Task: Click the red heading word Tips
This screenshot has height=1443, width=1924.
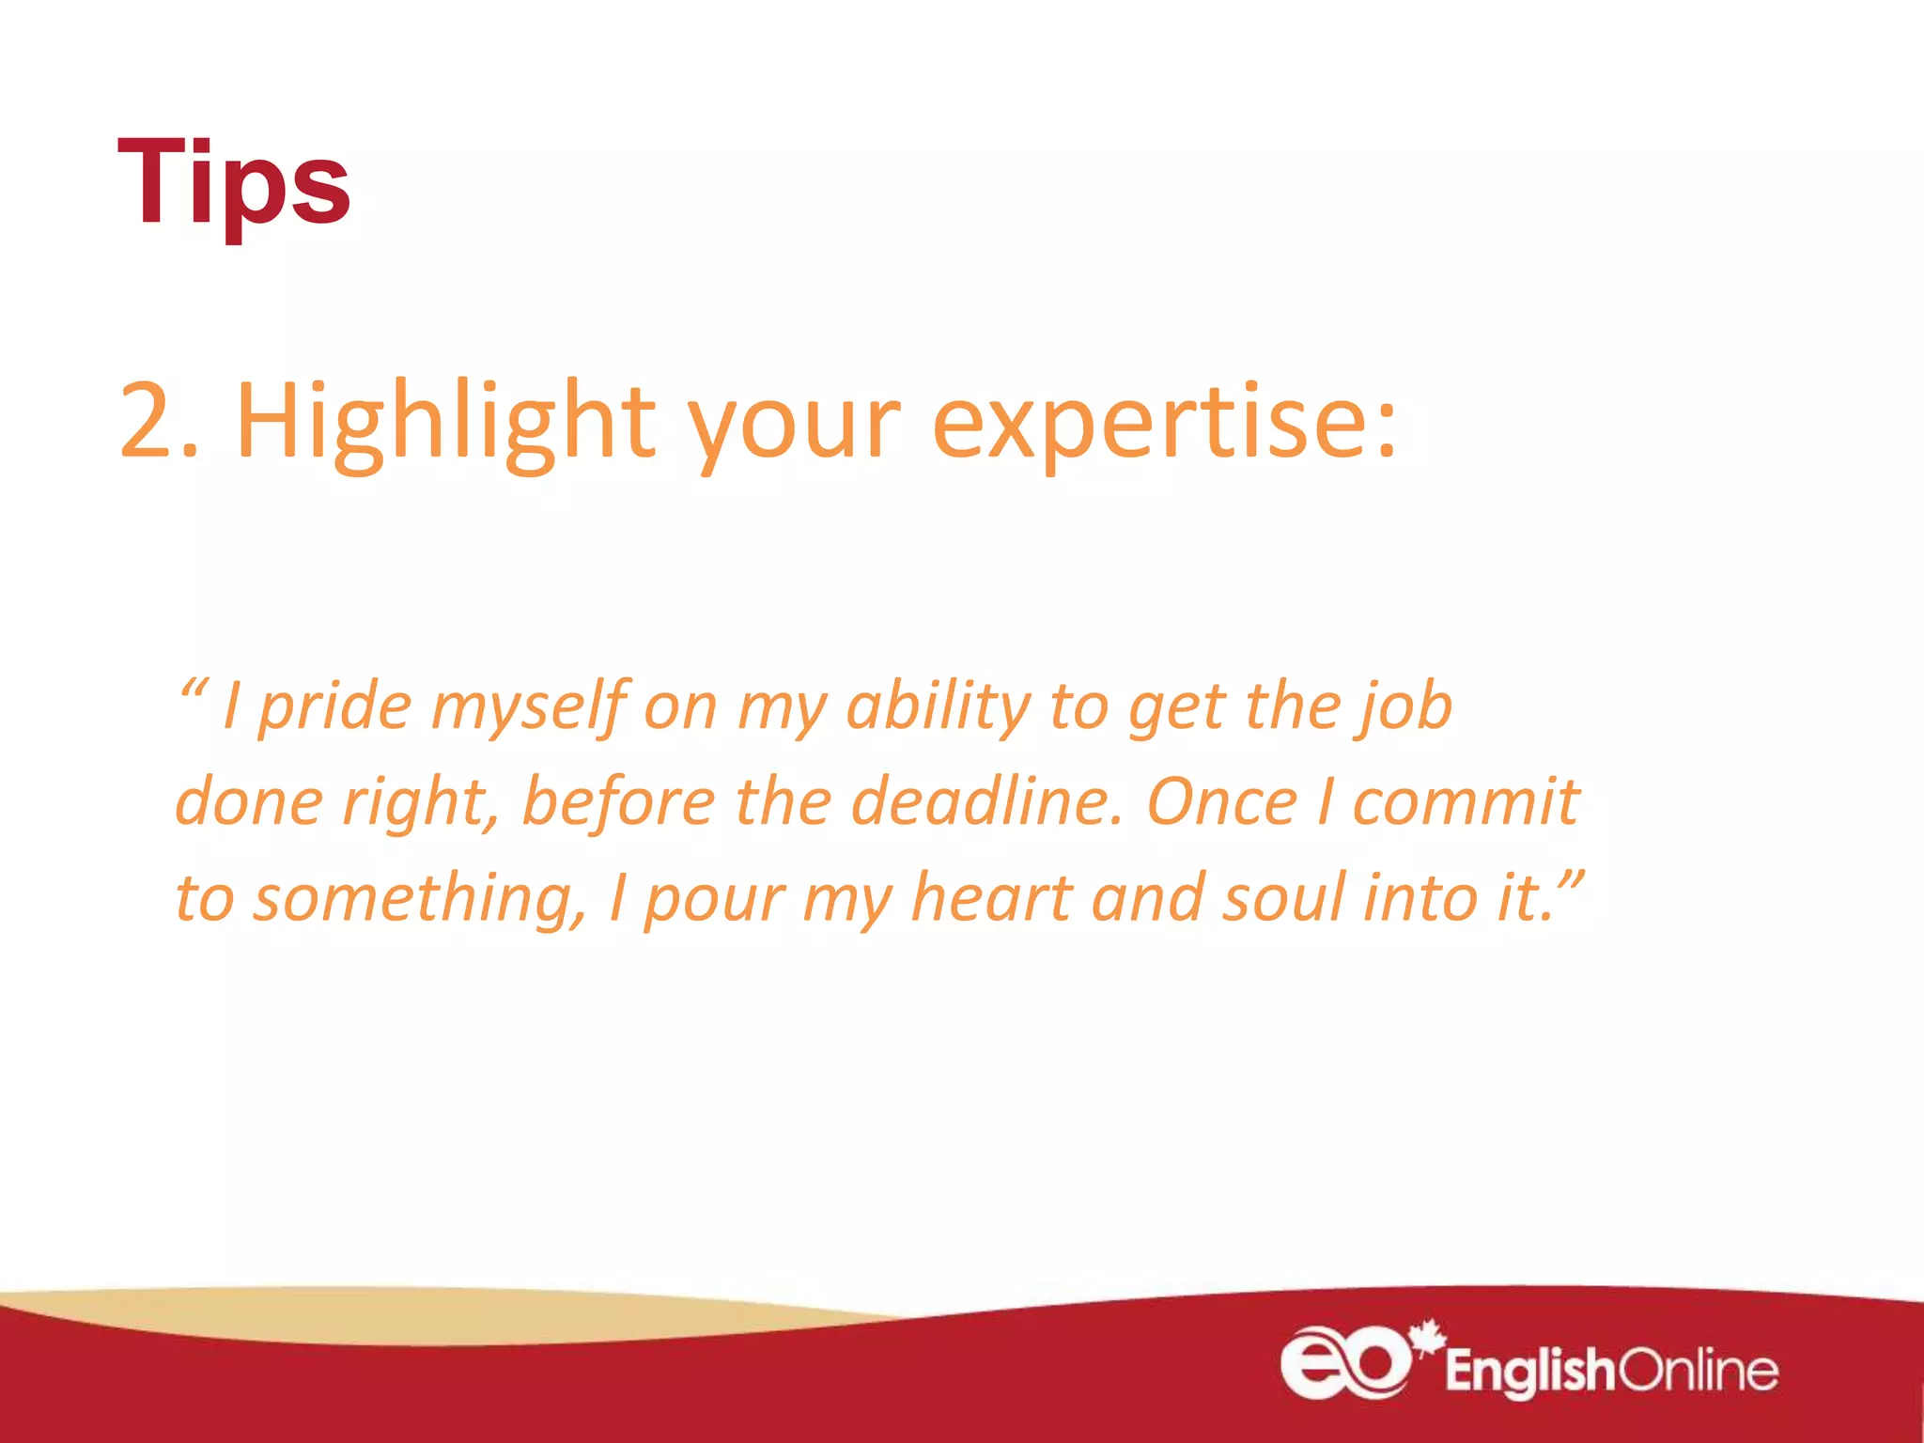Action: pyautogui.click(x=233, y=182)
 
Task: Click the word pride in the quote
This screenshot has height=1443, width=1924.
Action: pyautogui.click(x=334, y=707)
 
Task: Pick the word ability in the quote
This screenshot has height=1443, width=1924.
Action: pyautogui.click(x=939, y=707)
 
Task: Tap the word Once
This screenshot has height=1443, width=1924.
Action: pyautogui.click(x=1222, y=803)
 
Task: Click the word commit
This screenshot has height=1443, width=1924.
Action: pyautogui.click(x=1466, y=803)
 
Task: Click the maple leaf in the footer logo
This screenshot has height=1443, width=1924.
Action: pyautogui.click(x=1427, y=1337)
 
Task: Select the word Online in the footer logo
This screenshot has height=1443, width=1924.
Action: pyautogui.click(x=1699, y=1372)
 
